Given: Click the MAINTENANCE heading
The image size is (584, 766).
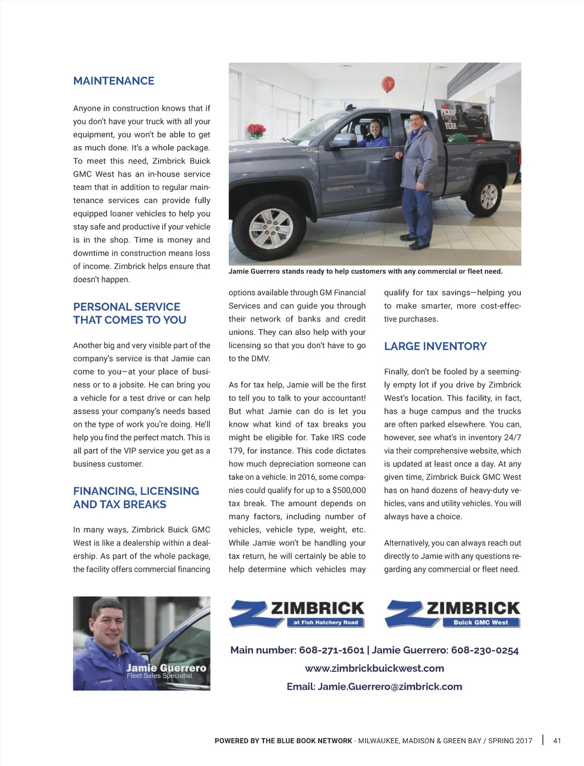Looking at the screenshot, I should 113,81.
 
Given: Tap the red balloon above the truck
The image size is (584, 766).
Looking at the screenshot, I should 388,84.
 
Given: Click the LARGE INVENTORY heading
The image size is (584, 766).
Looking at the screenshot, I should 435,346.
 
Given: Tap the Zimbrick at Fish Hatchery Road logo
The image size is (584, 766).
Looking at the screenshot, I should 297,613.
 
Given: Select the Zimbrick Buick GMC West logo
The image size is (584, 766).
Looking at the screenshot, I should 453,613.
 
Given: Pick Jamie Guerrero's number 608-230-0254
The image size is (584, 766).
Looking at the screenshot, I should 485,650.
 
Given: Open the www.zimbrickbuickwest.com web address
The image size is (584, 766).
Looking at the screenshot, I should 374,669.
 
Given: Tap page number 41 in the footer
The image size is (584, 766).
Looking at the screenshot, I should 557,741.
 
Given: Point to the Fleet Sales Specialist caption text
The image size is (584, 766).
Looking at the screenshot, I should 160,676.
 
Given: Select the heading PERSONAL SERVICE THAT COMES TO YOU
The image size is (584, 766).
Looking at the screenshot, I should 129,313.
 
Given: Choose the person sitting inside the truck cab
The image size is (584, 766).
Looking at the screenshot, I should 375,131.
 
